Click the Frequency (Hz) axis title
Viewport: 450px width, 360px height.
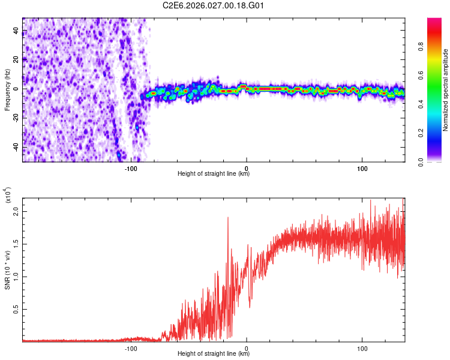(7, 89)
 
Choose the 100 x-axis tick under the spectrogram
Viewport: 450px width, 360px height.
(362, 167)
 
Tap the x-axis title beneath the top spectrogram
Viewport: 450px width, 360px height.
(214, 174)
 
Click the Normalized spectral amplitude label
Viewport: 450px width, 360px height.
(446, 90)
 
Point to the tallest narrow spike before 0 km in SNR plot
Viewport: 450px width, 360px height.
(228, 218)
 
